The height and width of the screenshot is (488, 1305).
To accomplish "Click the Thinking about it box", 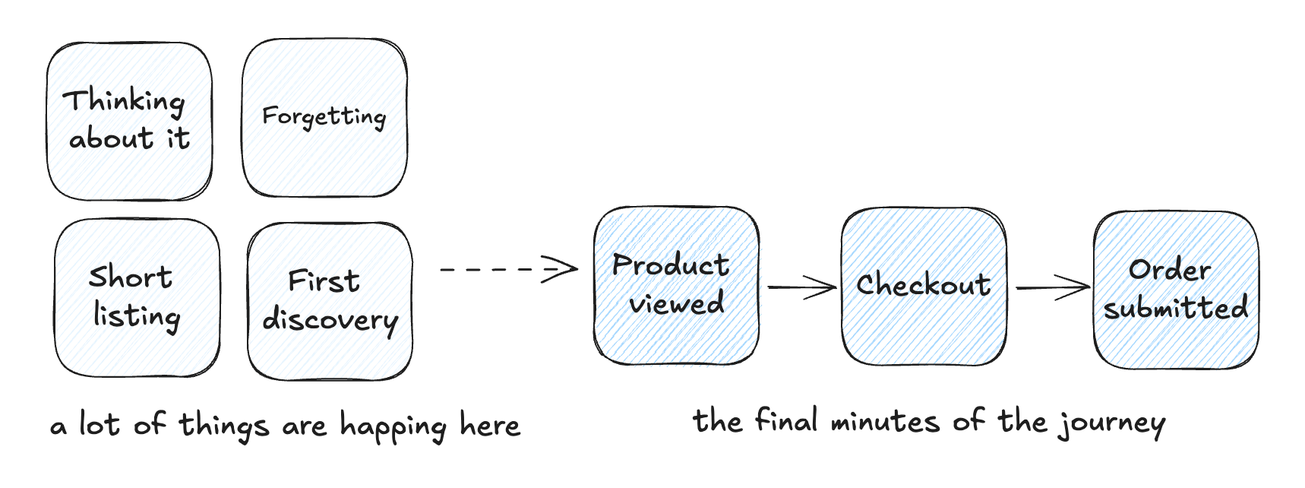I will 129,122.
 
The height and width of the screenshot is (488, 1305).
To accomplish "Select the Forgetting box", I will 324,118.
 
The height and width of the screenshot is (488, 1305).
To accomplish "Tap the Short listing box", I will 137,298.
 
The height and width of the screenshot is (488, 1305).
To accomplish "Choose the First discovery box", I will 330,302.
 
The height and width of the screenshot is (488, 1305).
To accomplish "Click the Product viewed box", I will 676,285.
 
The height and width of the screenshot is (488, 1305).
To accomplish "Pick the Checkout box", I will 924,287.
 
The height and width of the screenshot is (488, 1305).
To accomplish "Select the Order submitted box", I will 1176,290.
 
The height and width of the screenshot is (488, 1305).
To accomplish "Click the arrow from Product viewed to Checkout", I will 801,287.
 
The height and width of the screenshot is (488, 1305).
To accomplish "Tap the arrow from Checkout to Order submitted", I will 1052,287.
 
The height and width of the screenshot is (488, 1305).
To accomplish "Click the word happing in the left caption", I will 393,426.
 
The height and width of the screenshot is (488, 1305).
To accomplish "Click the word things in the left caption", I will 224,425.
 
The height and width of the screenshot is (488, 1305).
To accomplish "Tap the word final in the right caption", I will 786,420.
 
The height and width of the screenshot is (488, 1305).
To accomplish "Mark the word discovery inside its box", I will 330,321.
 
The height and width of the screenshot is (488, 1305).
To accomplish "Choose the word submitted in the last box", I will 1176,308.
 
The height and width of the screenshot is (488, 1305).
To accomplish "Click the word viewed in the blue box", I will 676,304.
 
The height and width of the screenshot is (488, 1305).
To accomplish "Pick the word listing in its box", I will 137,316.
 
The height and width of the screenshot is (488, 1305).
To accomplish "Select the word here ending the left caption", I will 490,425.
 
